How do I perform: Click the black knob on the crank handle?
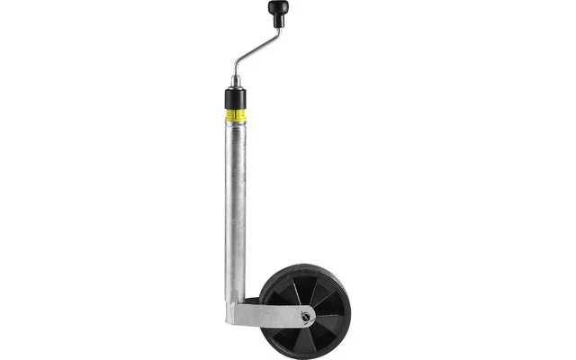tap(273, 12)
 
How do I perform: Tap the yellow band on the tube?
tap(237, 115)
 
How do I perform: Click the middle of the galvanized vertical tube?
tap(236, 207)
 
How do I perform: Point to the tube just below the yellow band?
tap(237, 135)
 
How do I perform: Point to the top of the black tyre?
tap(305, 267)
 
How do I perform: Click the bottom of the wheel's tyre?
tap(305, 356)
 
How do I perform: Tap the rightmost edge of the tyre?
tap(349, 312)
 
